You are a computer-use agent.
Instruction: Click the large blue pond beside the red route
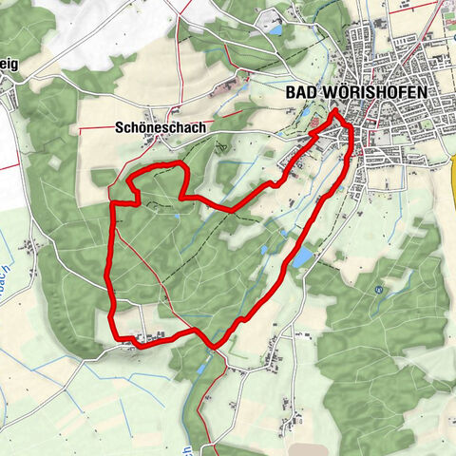(301, 258)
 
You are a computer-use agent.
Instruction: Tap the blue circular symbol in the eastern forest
(379, 289)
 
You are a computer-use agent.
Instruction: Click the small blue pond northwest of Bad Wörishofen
(275, 30)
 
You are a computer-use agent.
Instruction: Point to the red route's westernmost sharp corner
(113, 202)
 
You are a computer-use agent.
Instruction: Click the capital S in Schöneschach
(120, 125)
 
